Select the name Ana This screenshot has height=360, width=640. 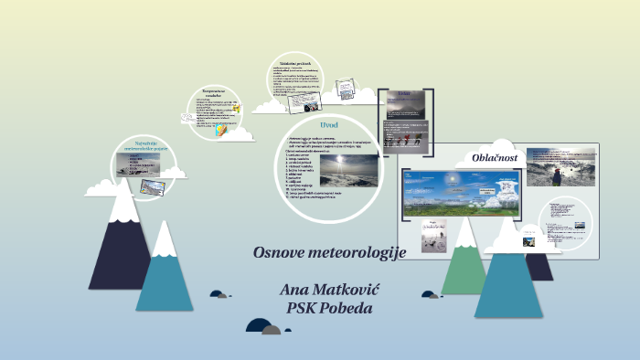tap(294, 290)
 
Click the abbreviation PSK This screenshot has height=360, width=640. tap(301, 308)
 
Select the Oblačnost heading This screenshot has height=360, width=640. tap(495, 157)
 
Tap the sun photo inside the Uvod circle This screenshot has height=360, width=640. tap(348, 170)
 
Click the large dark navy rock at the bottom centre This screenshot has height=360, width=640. tap(261, 326)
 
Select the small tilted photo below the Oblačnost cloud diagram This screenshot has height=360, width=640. tap(430, 237)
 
